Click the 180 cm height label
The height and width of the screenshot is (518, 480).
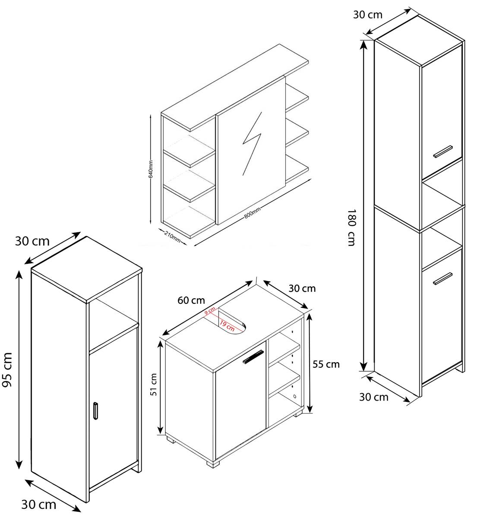click(352, 227)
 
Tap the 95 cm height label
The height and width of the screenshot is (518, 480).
click(7, 370)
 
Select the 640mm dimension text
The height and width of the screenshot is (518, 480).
click(151, 169)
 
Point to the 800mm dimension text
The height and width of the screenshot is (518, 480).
click(252, 213)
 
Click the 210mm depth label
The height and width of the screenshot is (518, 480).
click(172, 237)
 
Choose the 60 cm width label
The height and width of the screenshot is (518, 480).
click(191, 300)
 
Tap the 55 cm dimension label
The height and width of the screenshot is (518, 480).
click(326, 364)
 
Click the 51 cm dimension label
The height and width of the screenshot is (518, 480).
click(154, 385)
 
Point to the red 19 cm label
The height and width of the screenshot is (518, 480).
click(227, 326)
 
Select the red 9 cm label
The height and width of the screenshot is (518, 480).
click(210, 311)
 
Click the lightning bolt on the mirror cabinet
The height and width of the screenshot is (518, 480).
click(252, 144)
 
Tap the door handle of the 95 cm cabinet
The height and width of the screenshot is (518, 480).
click(95, 411)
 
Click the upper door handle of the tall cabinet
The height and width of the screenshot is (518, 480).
click(443, 152)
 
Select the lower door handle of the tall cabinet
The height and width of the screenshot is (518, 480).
click(443, 278)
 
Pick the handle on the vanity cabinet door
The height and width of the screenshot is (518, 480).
click(253, 357)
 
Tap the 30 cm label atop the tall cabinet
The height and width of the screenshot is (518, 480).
click(368, 15)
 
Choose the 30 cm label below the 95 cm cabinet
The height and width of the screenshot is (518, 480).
click(38, 505)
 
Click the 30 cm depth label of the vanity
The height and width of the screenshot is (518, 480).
click(302, 288)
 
